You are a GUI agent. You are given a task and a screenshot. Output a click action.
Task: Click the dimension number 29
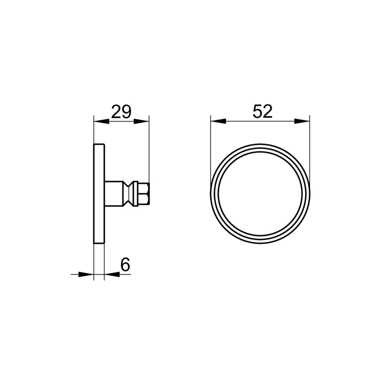coord(121,111)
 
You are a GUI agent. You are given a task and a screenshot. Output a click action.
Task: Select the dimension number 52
coord(262,111)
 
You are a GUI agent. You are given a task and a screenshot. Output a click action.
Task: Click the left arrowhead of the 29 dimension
coord(101,121)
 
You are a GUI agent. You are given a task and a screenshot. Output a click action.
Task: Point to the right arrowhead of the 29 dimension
coord(141,121)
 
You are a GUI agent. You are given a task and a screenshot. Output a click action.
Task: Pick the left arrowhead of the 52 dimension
coord(218,121)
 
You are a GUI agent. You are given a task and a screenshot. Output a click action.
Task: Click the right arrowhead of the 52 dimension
coord(302,121)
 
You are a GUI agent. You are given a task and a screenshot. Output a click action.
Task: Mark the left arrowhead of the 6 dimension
coord(86,274)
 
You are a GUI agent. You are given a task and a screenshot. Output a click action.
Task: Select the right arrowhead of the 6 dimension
coord(112,274)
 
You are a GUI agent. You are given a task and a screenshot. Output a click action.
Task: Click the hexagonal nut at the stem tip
coord(143,194)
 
